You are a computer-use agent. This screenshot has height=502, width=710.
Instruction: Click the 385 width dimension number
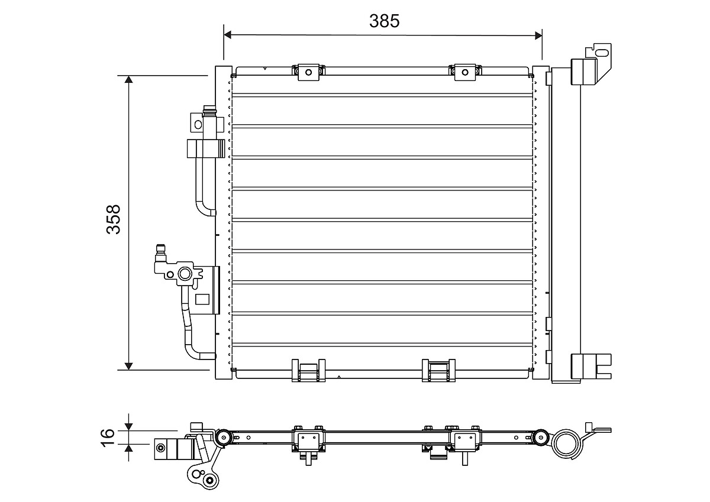[x=385, y=21]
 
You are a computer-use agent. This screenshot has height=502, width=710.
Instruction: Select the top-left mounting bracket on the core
[x=308, y=72]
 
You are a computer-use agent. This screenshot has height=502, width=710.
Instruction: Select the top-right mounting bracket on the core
[x=464, y=72]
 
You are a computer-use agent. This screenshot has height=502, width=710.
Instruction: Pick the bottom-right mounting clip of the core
[x=438, y=370]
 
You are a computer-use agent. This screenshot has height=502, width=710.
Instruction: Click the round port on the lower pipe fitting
[x=185, y=273]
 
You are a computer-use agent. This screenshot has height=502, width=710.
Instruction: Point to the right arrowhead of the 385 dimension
[x=538, y=35]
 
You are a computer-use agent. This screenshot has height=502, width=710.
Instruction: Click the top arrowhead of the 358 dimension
[x=129, y=80]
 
